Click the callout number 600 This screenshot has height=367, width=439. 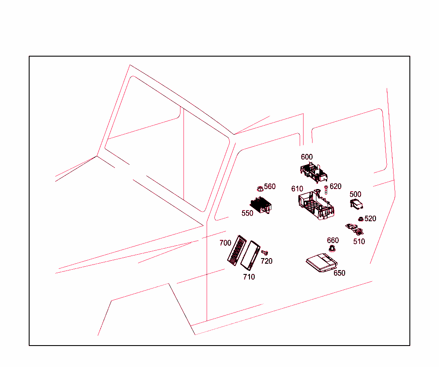coord(307,157)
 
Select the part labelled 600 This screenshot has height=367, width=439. coord(313,172)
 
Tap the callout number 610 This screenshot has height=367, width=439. coord(297,189)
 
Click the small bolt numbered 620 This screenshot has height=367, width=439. coord(326,190)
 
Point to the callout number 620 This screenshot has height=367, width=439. coord(335,187)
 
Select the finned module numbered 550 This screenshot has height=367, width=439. coord(261,205)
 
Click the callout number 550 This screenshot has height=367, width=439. coord(247,214)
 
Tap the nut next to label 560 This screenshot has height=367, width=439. coord(260,189)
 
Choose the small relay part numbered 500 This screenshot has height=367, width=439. coord(356,204)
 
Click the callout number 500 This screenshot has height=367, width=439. coord(355,194)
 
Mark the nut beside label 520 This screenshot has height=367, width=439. coord(361,219)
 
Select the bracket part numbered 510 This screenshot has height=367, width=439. coord(355,229)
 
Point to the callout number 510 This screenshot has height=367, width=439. coord(359,241)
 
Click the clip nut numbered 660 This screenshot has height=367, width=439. coord(332,248)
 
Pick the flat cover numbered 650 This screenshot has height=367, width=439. coord(322,262)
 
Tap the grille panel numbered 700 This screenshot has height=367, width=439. coord(237,250)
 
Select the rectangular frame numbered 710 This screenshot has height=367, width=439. coord(250,255)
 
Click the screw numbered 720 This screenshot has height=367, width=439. coord(265,253)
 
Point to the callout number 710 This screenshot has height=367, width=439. coord(249,277)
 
